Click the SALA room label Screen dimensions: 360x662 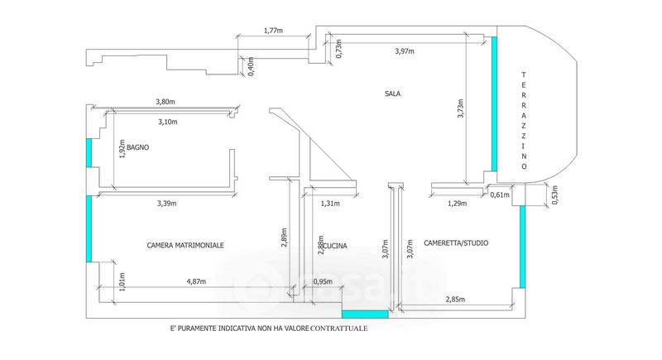pyautogui.click(x=393, y=94)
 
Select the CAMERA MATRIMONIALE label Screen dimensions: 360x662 pyautogui.click(x=185, y=245)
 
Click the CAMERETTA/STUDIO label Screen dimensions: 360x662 pyautogui.click(x=456, y=243)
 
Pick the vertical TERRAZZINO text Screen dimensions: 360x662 pyautogui.click(x=524, y=121)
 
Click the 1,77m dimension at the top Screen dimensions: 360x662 pyautogui.click(x=275, y=31)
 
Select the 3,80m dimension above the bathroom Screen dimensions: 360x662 pyautogui.click(x=165, y=102)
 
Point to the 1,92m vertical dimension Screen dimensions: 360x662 pyautogui.click(x=120, y=150)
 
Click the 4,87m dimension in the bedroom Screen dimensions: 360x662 pyautogui.click(x=195, y=281)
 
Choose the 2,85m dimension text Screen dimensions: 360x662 pyautogui.click(x=456, y=299)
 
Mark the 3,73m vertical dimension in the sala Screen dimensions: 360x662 pyautogui.click(x=461, y=108)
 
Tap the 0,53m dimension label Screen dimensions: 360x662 pyautogui.click(x=555, y=194)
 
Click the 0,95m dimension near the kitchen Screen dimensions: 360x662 pyautogui.click(x=324, y=281)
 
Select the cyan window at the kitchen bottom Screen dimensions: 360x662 pyautogui.click(x=365, y=314)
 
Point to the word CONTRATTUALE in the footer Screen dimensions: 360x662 pyautogui.click(x=339, y=329)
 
